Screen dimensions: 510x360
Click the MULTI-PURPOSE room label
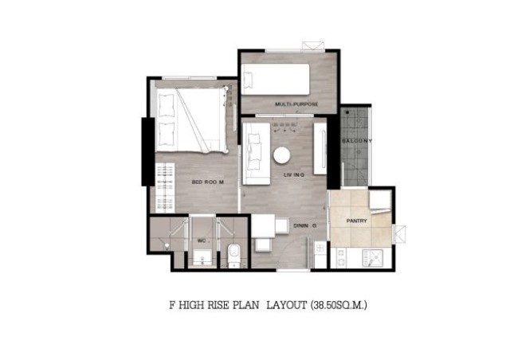click(x=296, y=104)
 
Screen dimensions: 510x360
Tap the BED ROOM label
click(x=207, y=182)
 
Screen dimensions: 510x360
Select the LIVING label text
click(x=294, y=175)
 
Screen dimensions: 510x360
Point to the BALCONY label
click(x=357, y=141)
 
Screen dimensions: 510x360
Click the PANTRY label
click(x=356, y=221)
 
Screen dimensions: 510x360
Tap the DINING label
click(x=304, y=225)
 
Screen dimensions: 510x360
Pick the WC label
click(x=202, y=241)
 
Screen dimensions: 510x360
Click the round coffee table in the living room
click(x=281, y=155)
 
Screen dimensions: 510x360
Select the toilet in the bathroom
click(x=233, y=255)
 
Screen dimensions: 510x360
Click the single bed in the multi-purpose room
click(x=275, y=80)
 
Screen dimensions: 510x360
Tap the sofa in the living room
click(x=257, y=154)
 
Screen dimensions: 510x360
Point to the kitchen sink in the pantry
click(x=373, y=258)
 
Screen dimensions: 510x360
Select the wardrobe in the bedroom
click(x=165, y=188)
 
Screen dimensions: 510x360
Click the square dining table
click(x=263, y=225)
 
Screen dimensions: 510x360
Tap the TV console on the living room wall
click(x=320, y=148)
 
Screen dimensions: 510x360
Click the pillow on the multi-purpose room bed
click(x=248, y=80)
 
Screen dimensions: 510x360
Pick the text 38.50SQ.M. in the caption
click(x=339, y=305)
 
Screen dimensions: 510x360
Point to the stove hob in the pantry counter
click(x=341, y=257)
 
